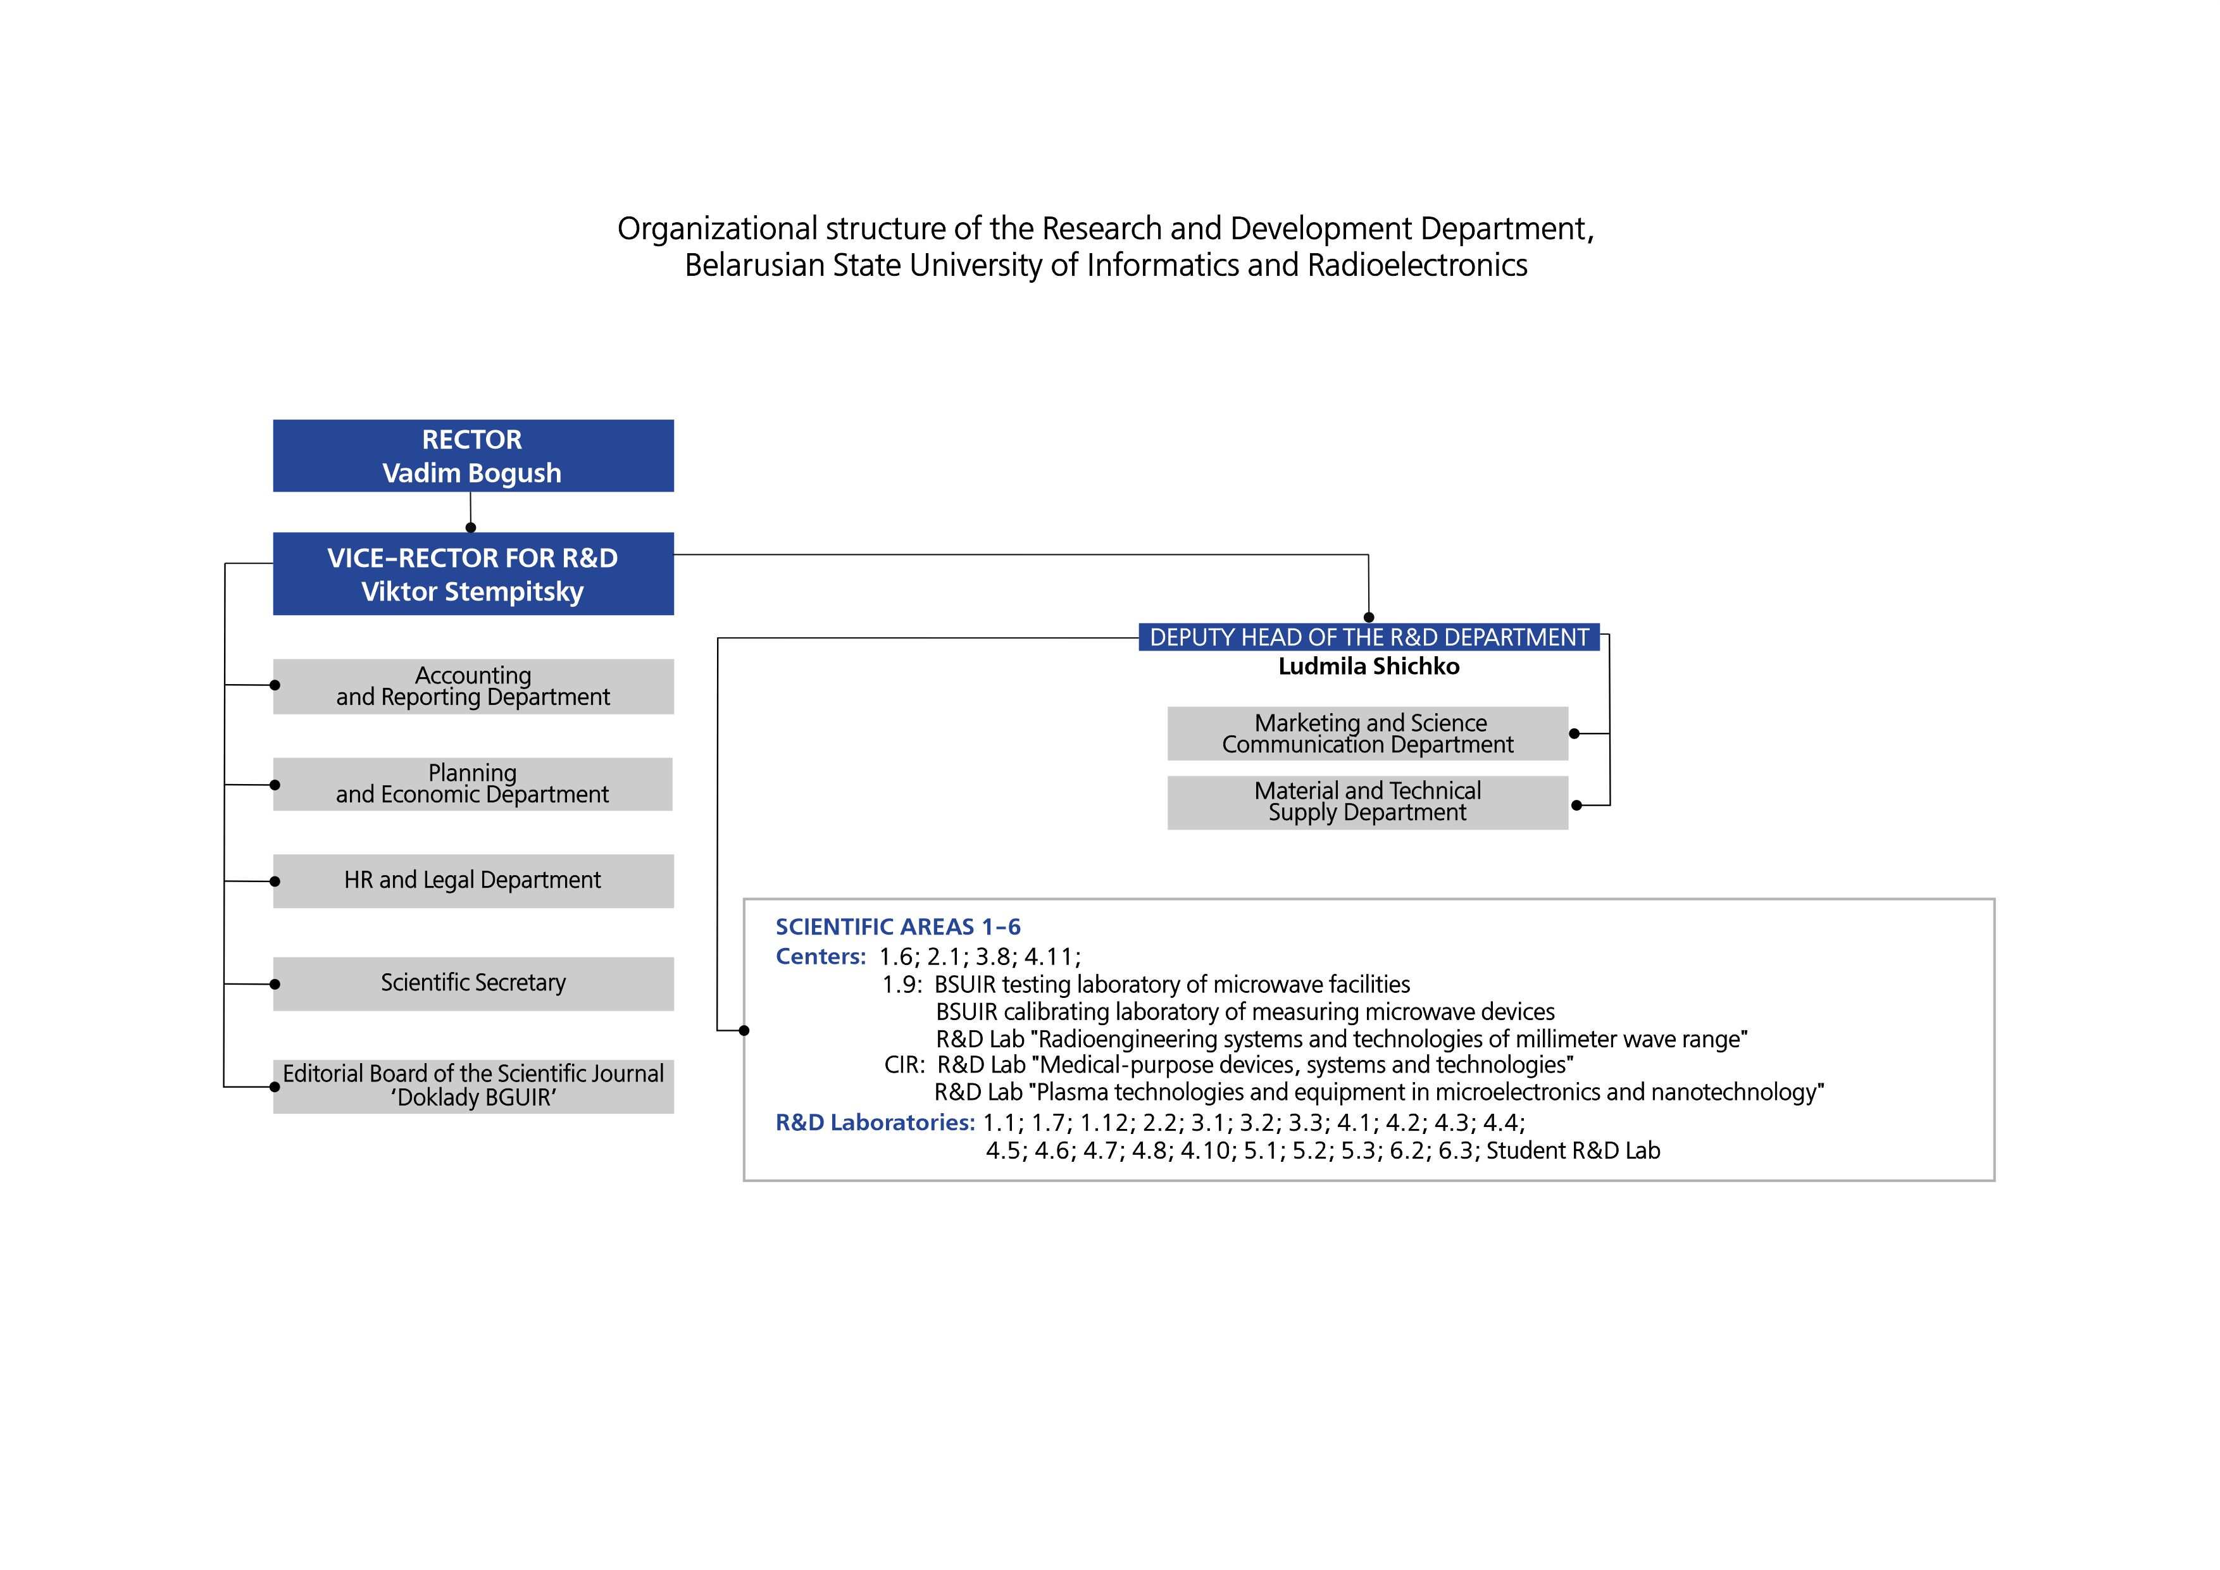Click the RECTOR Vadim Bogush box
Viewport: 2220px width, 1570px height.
tap(473, 456)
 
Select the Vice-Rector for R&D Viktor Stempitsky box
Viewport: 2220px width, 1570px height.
tap(473, 573)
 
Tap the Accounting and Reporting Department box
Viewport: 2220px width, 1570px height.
tap(473, 687)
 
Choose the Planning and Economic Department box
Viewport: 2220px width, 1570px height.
tap(473, 784)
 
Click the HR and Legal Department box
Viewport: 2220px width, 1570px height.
tap(473, 881)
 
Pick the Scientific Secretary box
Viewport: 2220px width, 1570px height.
tap(473, 984)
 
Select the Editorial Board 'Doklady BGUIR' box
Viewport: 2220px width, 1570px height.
tap(473, 1087)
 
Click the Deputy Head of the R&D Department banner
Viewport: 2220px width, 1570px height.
tap(1369, 637)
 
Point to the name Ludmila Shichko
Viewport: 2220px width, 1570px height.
tap(1369, 666)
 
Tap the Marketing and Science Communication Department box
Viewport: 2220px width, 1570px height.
tap(1368, 734)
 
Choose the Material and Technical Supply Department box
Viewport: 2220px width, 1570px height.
tap(1368, 802)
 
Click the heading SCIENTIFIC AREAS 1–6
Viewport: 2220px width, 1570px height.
tap(898, 927)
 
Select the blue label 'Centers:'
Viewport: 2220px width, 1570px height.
tap(821, 956)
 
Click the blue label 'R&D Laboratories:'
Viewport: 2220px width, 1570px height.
tap(875, 1123)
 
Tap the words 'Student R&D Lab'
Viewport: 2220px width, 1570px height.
tap(1573, 1150)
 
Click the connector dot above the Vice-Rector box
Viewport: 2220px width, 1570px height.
tap(471, 528)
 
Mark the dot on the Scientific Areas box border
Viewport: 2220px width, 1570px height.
tap(744, 1031)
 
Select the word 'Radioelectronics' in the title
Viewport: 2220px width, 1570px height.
tap(1418, 265)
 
